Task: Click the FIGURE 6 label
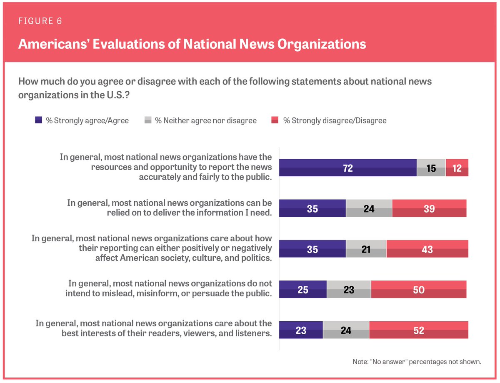click(x=40, y=21)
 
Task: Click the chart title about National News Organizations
click(x=192, y=44)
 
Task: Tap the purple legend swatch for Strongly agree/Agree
click(x=38, y=120)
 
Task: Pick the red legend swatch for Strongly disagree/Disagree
click(x=275, y=120)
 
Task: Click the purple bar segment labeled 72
click(x=347, y=168)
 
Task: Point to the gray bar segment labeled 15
click(x=431, y=168)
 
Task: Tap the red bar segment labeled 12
click(x=457, y=168)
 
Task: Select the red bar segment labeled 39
click(x=429, y=208)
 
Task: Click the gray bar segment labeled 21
click(x=366, y=249)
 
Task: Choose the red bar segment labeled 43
click(x=427, y=249)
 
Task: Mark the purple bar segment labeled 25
click(x=302, y=289)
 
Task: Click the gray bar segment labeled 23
click(x=349, y=289)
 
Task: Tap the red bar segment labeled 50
click(x=418, y=289)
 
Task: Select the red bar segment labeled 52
click(x=418, y=330)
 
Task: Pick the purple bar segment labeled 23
click(x=301, y=330)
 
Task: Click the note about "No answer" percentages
click(x=417, y=362)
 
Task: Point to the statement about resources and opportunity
click(x=166, y=167)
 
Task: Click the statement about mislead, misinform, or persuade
click(x=169, y=288)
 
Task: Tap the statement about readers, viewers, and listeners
click(x=154, y=328)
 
